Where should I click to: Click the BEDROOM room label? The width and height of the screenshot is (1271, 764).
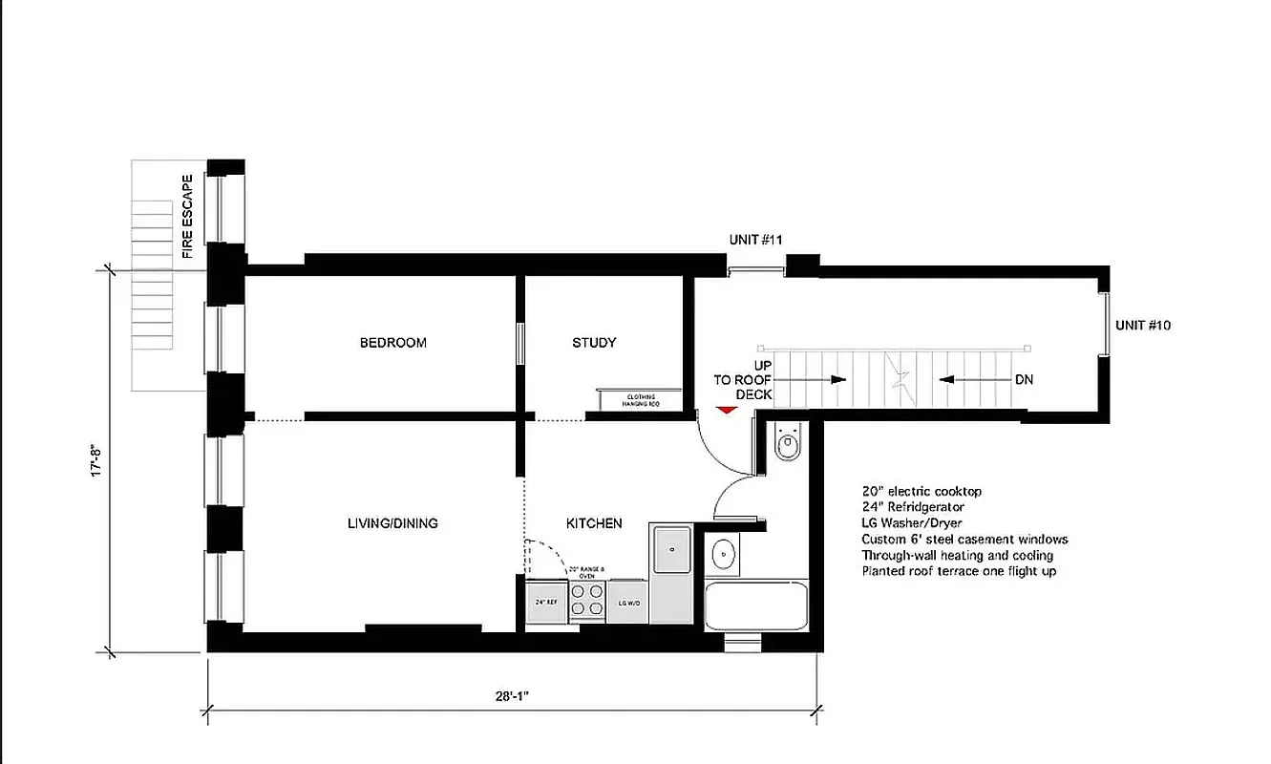point(392,343)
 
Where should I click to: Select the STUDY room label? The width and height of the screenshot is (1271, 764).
point(594,343)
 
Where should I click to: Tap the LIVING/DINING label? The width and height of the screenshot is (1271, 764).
point(392,523)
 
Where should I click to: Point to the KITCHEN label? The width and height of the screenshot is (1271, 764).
point(594,523)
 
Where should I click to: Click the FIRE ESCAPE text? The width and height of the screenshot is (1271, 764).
point(188,216)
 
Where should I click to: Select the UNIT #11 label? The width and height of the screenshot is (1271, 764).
point(756,240)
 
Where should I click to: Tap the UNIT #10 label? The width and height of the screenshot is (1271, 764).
point(1143,326)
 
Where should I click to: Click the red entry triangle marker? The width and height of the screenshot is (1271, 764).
point(727,410)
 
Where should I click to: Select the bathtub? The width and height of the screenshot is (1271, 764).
point(755,605)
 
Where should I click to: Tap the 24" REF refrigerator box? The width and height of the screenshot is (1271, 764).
point(546,603)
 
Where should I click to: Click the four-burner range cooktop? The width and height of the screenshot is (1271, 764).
point(587,600)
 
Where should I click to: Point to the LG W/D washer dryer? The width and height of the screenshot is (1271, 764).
point(628,603)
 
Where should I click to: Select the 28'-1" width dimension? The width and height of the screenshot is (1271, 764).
point(511,695)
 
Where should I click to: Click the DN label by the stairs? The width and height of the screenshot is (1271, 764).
point(1024,380)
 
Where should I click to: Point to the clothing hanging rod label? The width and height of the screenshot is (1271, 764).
point(640,401)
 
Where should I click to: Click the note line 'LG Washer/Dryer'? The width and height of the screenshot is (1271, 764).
point(911,523)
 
